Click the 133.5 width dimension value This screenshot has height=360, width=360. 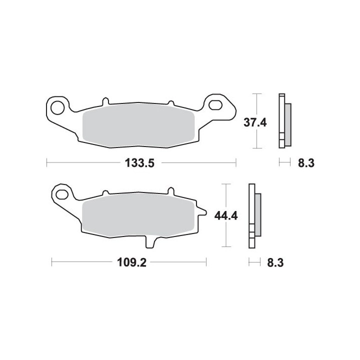139,163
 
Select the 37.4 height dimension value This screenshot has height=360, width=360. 255,123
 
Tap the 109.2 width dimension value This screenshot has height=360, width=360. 132,262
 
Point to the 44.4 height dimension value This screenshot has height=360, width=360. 226,216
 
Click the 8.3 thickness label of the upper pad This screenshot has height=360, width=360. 306,163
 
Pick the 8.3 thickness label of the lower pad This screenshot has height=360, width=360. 275,262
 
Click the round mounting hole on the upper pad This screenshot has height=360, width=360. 57,107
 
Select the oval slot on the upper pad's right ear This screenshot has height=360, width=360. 215,104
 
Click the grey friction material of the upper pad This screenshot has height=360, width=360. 138,126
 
